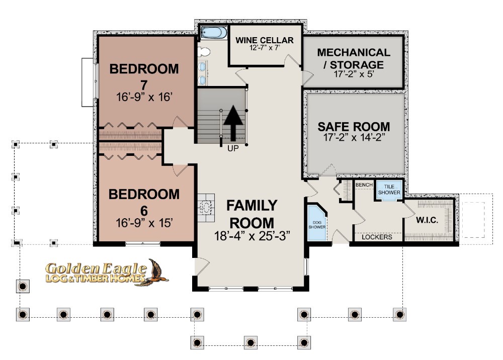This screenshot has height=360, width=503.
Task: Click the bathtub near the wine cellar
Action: [214, 33]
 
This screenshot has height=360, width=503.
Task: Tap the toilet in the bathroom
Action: [203, 51]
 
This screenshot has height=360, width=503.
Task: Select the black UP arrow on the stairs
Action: [233, 123]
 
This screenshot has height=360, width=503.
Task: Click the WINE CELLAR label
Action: [265, 40]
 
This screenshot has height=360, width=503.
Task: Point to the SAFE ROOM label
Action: [354, 127]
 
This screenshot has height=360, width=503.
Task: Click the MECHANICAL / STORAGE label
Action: [354, 58]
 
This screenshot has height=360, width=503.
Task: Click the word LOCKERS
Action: [377, 237]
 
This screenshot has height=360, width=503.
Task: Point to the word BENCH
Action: [364, 185]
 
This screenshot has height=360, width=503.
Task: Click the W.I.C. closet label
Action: [427, 220]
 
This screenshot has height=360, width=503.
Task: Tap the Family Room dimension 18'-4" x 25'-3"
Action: [252, 236]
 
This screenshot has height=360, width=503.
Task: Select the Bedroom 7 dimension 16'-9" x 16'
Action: [144, 97]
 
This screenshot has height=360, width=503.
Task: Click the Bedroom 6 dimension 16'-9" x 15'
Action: [144, 222]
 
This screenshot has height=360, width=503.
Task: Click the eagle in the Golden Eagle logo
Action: [156, 272]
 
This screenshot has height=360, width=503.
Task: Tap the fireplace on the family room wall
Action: [206, 208]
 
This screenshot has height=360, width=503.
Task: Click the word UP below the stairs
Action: [233, 149]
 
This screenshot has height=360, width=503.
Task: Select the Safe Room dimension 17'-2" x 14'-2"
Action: [354, 138]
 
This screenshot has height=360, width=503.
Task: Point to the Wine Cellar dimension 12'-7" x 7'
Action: [265, 48]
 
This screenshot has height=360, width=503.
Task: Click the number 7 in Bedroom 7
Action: [144, 84]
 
